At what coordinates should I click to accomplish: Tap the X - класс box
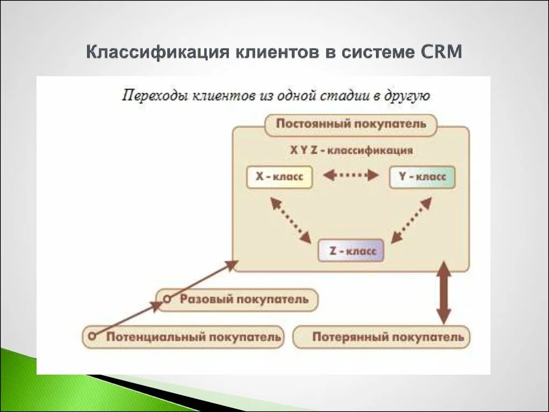coord(279,177)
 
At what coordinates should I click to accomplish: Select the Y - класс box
coord(422,177)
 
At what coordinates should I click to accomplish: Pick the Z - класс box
coord(351,251)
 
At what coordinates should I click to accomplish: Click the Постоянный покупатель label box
coord(351,124)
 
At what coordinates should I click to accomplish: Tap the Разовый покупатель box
coord(236,299)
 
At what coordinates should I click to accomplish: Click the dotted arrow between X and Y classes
coord(351,175)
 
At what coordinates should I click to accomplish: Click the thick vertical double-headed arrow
coord(443,292)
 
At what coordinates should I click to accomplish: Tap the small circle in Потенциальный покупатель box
coord(92,336)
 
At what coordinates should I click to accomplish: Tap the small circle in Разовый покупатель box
coord(167,299)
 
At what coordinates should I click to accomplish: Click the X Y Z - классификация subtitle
coord(351,151)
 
